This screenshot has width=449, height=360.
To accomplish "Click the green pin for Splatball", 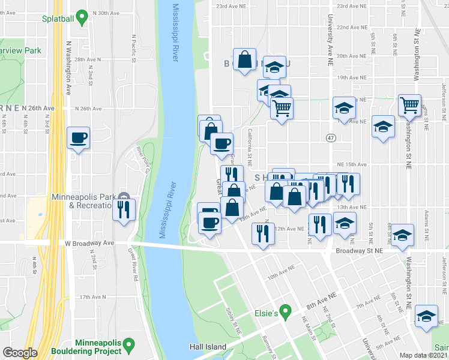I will [84, 19].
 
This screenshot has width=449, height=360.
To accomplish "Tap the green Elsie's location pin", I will [286, 312].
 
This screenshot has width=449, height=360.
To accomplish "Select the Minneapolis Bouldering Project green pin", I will [128, 346].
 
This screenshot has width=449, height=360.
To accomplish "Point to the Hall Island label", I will [208, 347].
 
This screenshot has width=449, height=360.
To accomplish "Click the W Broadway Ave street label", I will [89, 243].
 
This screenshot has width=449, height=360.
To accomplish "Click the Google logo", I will [19, 353].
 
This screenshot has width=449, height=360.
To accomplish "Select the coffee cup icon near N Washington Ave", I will [79, 138].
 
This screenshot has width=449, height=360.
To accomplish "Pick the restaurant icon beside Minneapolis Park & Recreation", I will [124, 209].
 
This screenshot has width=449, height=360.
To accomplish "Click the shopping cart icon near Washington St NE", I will [409, 106].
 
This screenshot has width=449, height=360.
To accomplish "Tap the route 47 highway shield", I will [331, 138].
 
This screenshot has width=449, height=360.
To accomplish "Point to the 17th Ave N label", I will [92, 297].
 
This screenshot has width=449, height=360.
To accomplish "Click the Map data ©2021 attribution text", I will [424, 355].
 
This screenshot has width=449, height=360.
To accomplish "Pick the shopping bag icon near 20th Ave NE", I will [244, 59].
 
